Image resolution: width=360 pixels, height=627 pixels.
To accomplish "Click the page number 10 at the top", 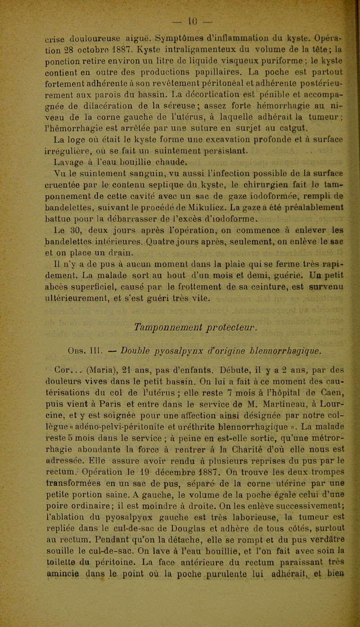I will pos(184,9).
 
